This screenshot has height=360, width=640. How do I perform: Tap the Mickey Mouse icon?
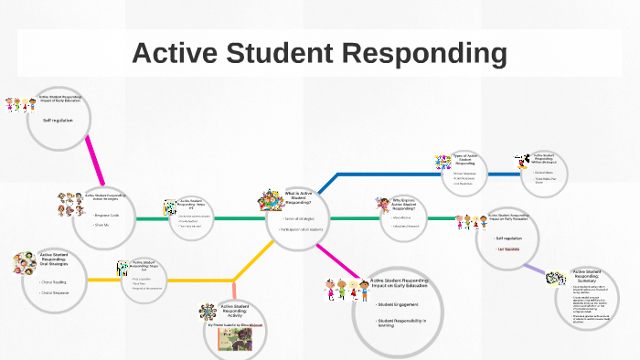tap(522, 163)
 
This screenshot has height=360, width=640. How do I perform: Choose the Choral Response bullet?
tap(55, 295)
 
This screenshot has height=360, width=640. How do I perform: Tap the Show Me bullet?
tap(101, 225)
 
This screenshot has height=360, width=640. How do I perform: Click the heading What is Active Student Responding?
tap(299, 197)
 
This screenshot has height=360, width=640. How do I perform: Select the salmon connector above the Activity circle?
tap(234, 291)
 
